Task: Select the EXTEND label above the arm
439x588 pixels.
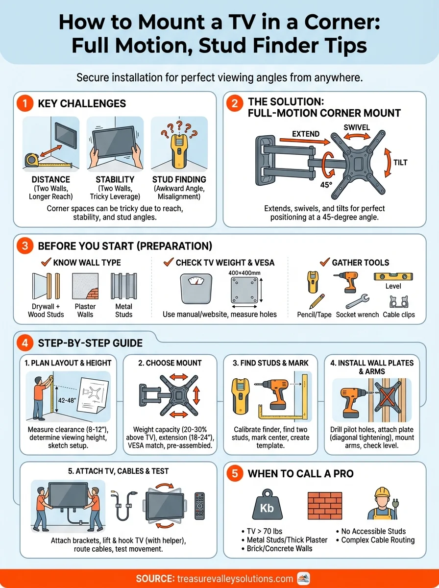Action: (x=306, y=133)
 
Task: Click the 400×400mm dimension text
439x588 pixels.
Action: (x=244, y=273)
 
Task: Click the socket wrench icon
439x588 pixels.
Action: (x=358, y=300)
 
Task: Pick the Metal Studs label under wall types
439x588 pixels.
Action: (x=123, y=310)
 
